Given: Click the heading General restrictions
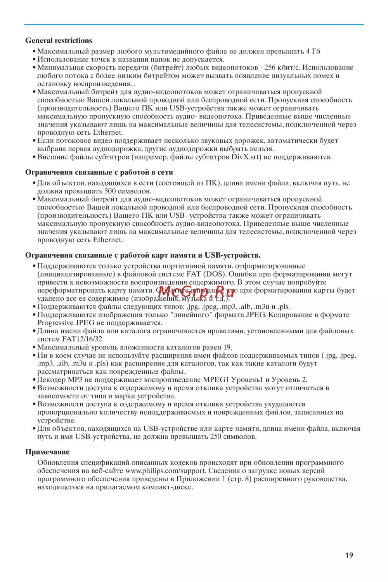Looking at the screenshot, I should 59,40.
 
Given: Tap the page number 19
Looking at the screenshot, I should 349,555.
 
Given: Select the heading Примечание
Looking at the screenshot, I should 47,452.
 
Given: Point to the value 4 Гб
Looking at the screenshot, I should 313,51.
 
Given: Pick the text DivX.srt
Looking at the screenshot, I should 246,157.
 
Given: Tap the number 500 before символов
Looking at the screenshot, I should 110,191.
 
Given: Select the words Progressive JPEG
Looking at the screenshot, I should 66,323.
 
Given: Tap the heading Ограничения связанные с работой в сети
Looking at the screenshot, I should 99,172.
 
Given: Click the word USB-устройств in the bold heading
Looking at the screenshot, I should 232,255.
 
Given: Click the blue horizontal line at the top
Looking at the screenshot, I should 194,25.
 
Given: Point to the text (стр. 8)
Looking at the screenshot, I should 239,479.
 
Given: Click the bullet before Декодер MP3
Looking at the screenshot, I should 34,380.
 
